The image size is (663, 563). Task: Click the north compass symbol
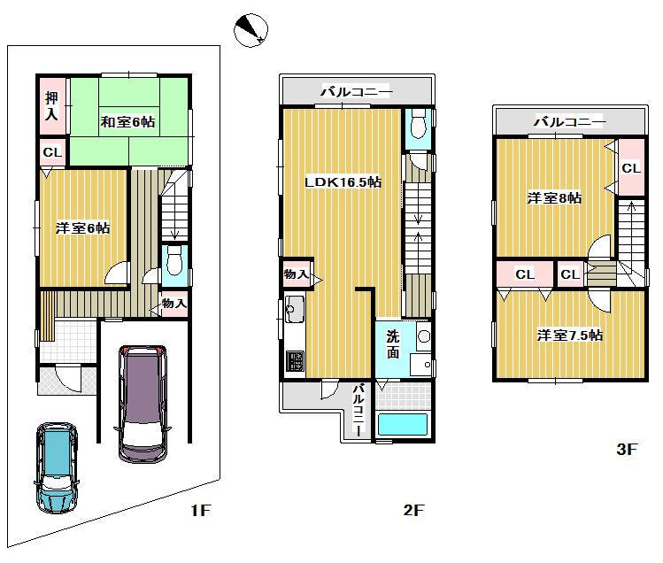(x=250, y=31)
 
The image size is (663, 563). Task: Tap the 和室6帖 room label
(x=127, y=121)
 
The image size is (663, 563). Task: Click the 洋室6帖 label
(x=82, y=228)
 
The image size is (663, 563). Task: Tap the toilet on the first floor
(x=174, y=263)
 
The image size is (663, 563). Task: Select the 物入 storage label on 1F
(x=173, y=305)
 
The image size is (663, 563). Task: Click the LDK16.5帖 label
(x=343, y=181)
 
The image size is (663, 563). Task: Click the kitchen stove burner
(x=293, y=362)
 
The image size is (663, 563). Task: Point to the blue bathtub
(x=403, y=424)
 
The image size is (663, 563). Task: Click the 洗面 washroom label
(x=392, y=343)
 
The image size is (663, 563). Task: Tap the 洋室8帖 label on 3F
(x=554, y=198)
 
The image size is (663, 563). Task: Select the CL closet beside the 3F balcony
(x=630, y=168)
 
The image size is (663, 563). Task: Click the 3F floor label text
(x=627, y=450)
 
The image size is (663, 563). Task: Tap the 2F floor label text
(x=414, y=511)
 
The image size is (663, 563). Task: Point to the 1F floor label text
(x=199, y=511)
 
